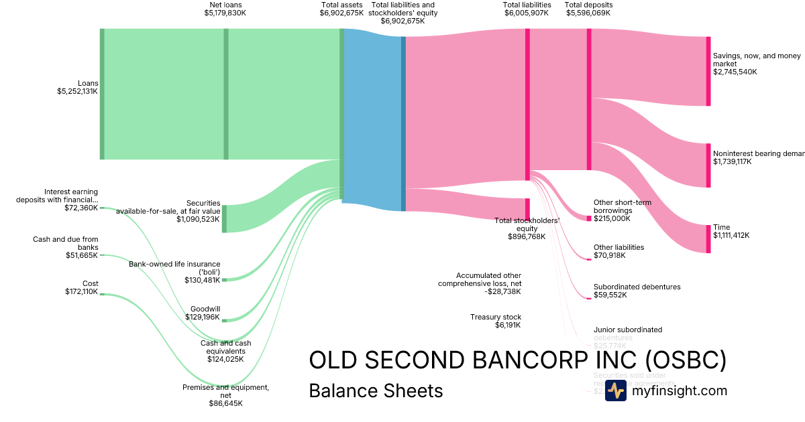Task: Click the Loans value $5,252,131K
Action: click(x=77, y=92)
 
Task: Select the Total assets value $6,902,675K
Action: click(x=341, y=13)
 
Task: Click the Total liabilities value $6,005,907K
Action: click(x=527, y=13)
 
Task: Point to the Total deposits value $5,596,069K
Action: click(x=589, y=13)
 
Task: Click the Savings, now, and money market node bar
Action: click(x=708, y=71)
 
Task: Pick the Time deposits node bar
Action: click(x=708, y=239)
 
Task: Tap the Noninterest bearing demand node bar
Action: click(x=708, y=165)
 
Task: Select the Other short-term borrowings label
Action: click(x=622, y=206)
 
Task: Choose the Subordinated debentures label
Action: click(x=637, y=287)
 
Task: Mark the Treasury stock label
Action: click(x=496, y=317)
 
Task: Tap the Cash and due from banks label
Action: click(x=65, y=243)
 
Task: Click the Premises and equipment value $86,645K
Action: click(x=225, y=404)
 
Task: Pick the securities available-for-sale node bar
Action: click(x=224, y=218)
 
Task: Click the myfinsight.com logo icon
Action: click(x=615, y=391)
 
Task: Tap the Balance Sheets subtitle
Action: click(x=376, y=391)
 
